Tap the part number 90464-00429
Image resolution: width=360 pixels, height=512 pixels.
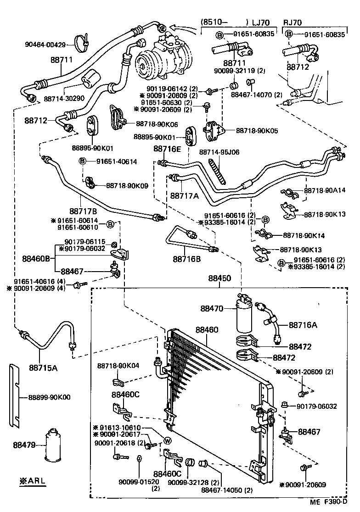coord(45,45)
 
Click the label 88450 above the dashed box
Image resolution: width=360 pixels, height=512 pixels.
coord(219,278)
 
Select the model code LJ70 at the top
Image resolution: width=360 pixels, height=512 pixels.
coord(262,22)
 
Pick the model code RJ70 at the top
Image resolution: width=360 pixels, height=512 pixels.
coord(292,22)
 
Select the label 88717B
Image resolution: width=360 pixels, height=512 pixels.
coord(83,211)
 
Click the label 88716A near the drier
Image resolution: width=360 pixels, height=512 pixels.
coord(303,325)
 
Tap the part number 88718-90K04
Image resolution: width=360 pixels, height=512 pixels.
coord(118,366)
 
